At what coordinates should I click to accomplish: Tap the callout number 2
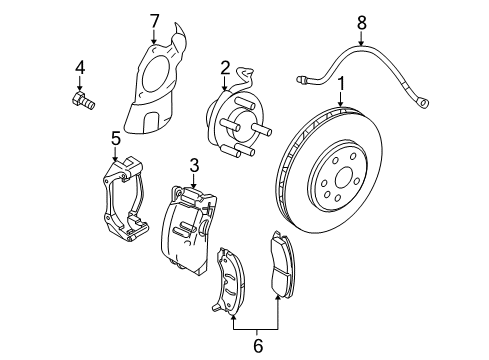coord(226,67)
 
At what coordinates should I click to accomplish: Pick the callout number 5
coord(116,138)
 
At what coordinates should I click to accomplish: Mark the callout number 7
coord(154,19)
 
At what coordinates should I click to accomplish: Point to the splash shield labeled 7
coord(160,80)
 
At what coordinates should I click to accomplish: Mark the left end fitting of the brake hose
coord(303,76)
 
